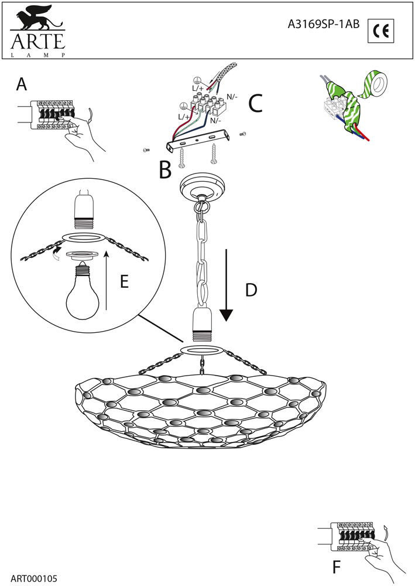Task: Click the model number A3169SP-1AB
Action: [324, 25]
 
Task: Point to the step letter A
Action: [22, 85]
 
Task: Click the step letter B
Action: [165, 170]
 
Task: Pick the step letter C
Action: [255, 103]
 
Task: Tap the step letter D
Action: [251, 290]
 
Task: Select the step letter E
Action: [124, 282]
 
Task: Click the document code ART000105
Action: [33, 578]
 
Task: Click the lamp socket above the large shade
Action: [201, 328]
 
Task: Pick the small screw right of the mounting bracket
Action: [243, 134]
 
